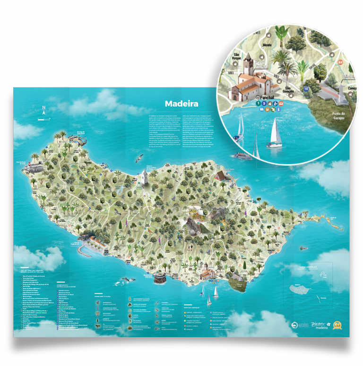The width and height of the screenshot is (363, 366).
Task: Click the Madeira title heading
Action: (x=181, y=105)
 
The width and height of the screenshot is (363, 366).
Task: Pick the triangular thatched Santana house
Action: (x=220, y=175)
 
